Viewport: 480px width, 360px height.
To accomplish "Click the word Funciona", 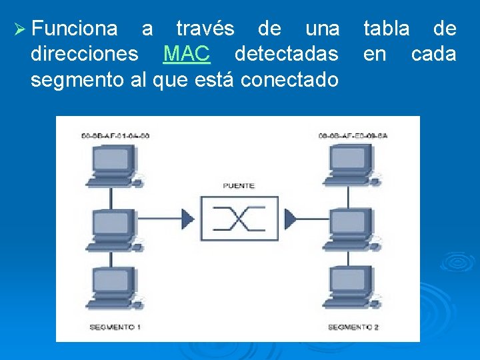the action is coord(74,29).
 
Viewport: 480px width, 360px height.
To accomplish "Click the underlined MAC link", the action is coord(187,54).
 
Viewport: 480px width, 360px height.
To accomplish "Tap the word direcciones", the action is coord(84,54).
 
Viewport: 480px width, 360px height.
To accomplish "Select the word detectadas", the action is coord(287,54).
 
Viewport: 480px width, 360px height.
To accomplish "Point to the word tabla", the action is coord(387,29).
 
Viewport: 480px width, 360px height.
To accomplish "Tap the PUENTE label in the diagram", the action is coord(239,185).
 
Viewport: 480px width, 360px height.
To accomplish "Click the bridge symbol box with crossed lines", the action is coord(239,217).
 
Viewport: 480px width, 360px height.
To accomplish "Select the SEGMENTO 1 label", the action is coord(115,327).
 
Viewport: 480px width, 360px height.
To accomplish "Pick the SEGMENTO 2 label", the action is coord(353,327).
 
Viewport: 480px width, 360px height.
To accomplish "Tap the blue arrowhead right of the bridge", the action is coord(291,217).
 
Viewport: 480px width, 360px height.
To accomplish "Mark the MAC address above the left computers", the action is coord(115,136).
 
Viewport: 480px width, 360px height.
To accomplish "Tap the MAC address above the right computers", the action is coord(353,136).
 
